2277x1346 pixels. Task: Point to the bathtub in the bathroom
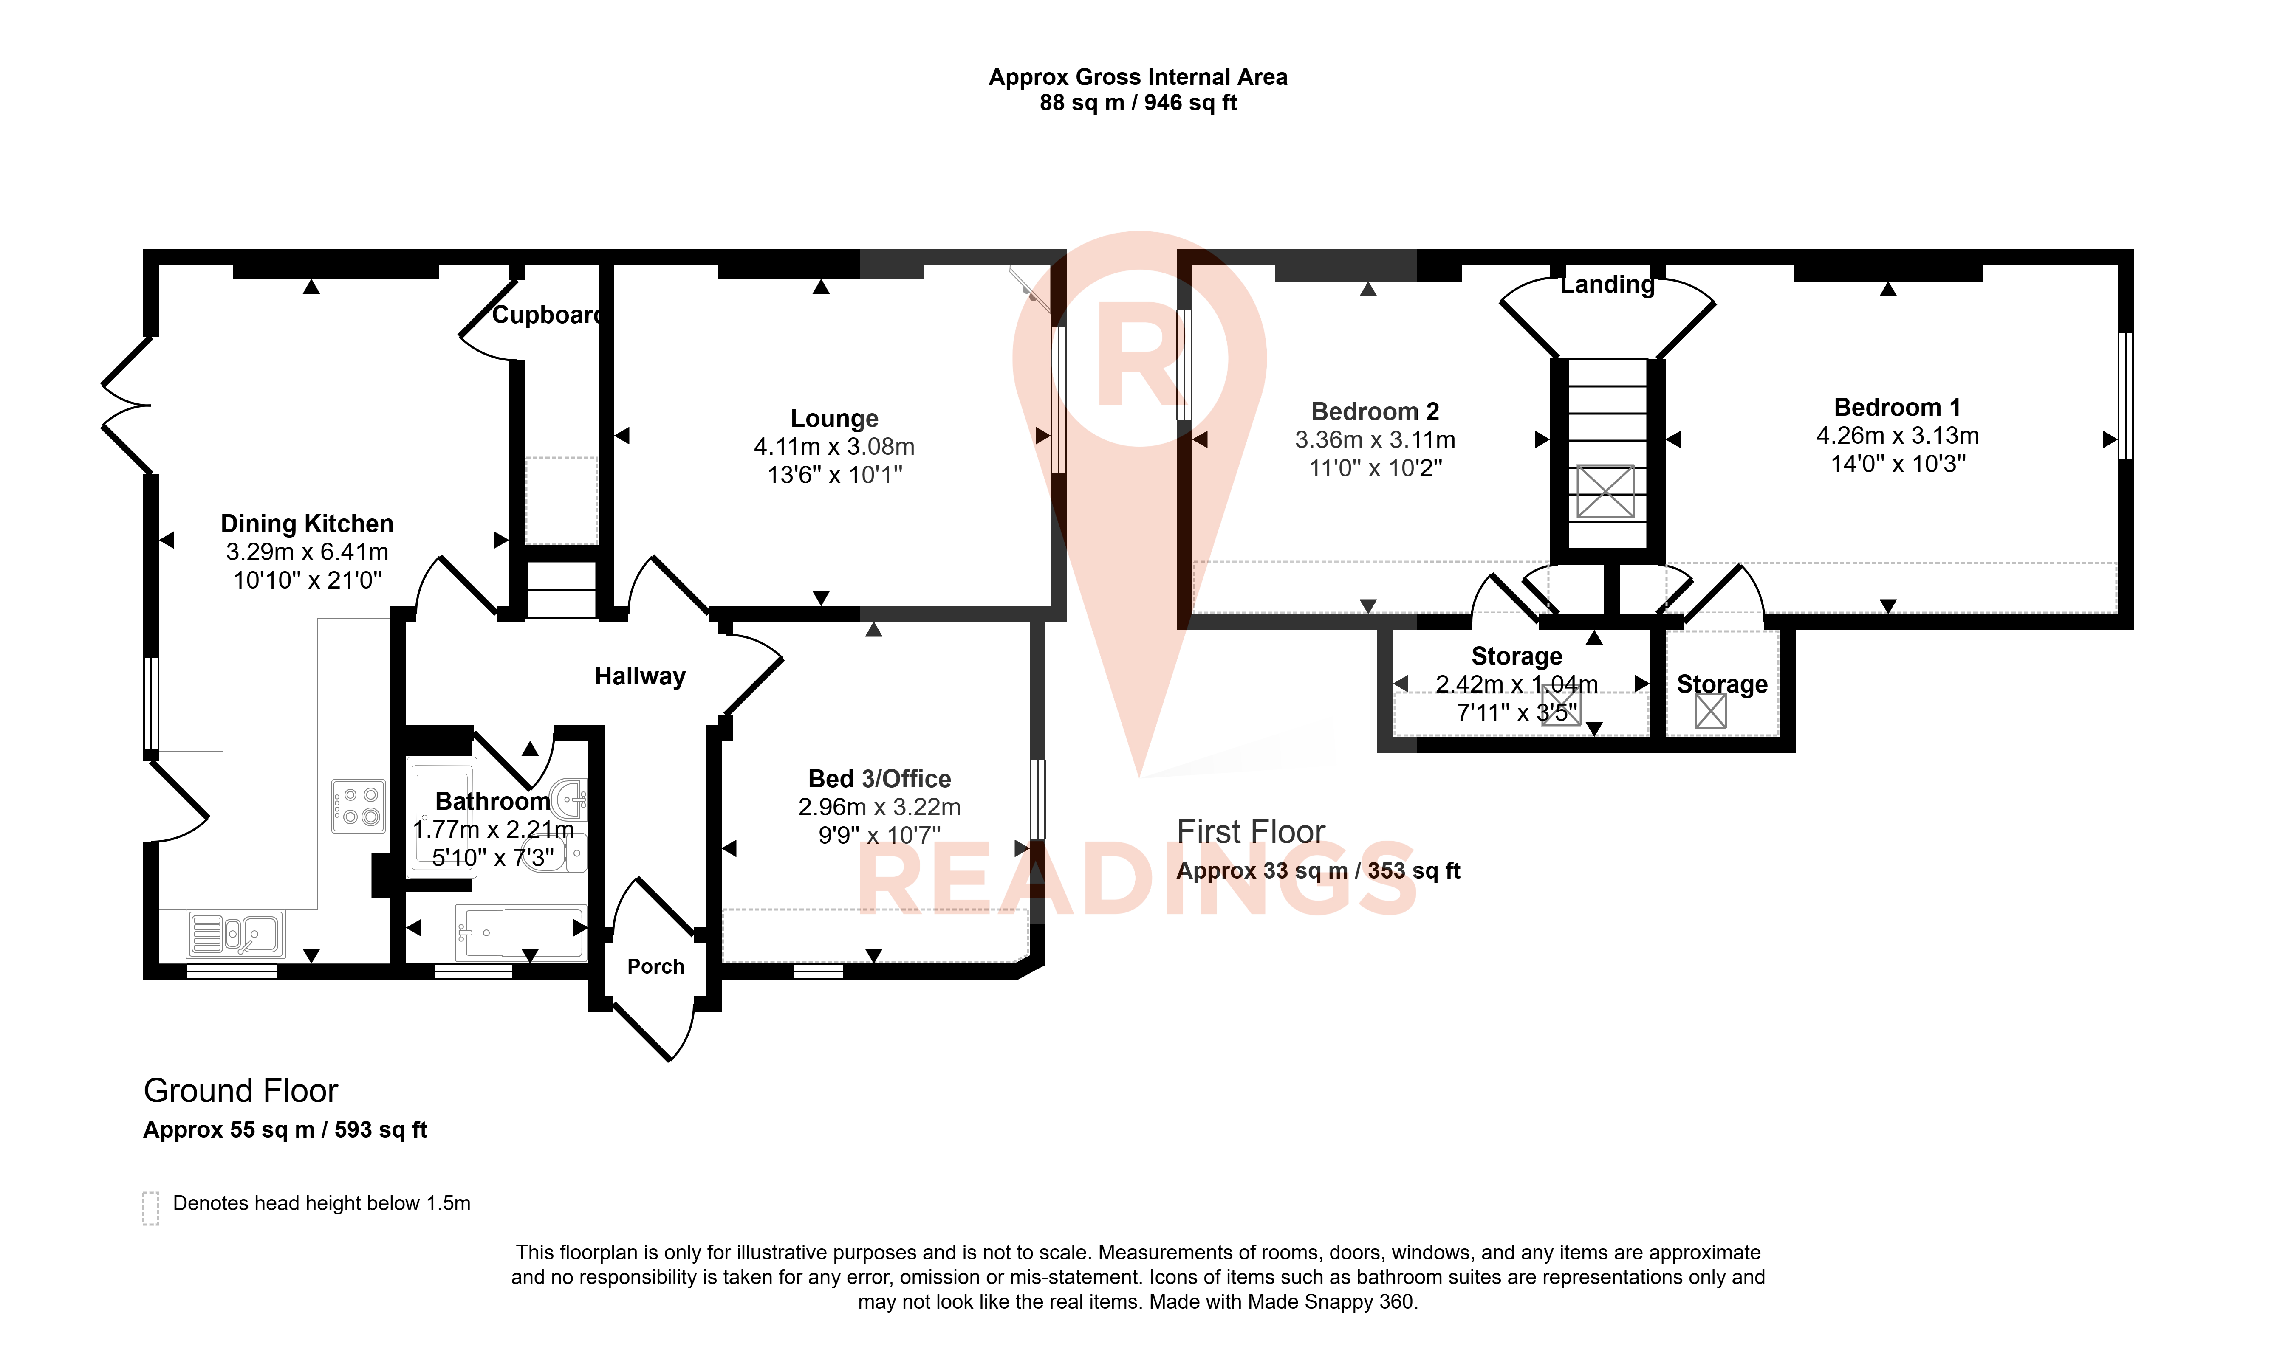[x=521, y=932]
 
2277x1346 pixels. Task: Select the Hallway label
[x=639, y=677]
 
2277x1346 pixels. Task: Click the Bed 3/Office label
[x=879, y=779]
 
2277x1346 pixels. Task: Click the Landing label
[x=1607, y=285]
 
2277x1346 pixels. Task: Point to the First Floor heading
[x=1250, y=832]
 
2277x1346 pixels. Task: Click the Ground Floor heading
[x=240, y=1090]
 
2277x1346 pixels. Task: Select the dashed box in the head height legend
[x=150, y=1208]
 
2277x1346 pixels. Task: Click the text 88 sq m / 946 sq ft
[x=1138, y=102]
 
